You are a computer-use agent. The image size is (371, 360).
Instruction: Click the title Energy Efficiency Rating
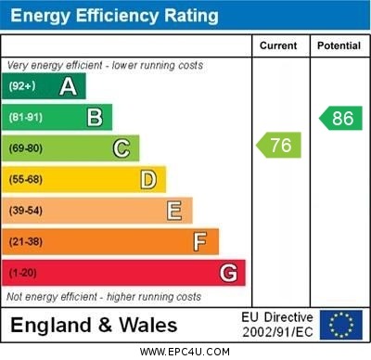click(x=114, y=16)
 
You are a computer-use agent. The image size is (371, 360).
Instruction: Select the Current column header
click(x=278, y=45)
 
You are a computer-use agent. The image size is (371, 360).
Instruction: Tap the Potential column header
click(x=339, y=45)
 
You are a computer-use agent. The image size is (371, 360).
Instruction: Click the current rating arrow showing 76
click(x=279, y=145)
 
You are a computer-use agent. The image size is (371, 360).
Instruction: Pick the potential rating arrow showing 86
click(x=340, y=118)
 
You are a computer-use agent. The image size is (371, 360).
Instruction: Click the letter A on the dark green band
click(x=68, y=87)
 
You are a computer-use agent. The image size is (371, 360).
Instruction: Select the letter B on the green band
click(x=95, y=118)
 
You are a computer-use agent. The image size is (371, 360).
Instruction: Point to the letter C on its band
click(x=122, y=148)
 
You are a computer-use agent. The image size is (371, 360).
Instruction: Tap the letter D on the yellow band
click(x=148, y=179)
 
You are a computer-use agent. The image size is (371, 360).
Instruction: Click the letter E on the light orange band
click(x=174, y=211)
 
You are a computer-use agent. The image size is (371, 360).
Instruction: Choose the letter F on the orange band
click(x=200, y=241)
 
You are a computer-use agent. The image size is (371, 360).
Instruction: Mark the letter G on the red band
click(x=228, y=273)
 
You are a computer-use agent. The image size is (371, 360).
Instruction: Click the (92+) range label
click(x=21, y=87)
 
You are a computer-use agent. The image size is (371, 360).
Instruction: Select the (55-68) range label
click(x=26, y=179)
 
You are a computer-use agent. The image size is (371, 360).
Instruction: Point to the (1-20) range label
click(x=23, y=274)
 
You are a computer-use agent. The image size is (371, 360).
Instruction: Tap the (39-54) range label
click(x=26, y=211)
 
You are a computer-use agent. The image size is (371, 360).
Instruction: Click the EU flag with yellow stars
click(x=341, y=325)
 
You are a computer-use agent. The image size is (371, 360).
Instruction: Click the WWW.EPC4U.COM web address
click(x=185, y=352)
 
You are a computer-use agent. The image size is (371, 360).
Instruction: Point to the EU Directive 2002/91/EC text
click(x=277, y=325)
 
